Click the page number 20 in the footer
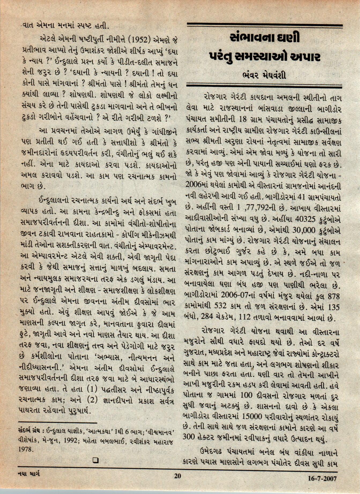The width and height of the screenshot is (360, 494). (x=177, y=476)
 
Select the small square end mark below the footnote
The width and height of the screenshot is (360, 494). (x=96, y=460)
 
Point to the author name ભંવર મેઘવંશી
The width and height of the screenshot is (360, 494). (x=264, y=75)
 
